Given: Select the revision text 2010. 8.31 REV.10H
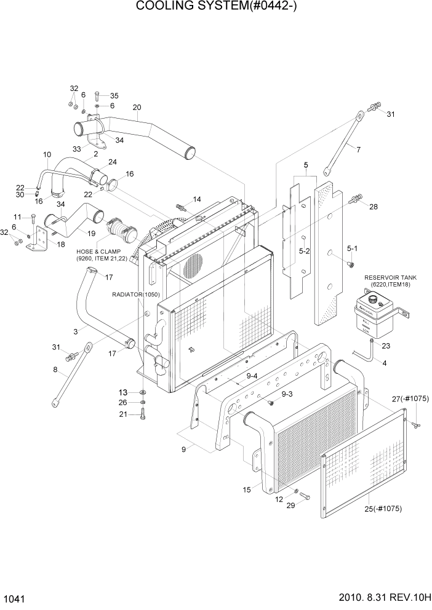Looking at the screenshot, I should click(x=379, y=598).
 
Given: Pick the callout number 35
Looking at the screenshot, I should click(x=114, y=95).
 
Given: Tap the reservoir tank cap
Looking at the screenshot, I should click(x=372, y=299).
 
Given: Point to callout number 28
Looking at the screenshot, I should click(x=373, y=207).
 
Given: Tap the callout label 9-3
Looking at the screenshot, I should click(x=287, y=394).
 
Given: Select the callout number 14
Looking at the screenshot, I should click(x=197, y=199).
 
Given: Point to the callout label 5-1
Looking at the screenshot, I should click(x=352, y=248).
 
